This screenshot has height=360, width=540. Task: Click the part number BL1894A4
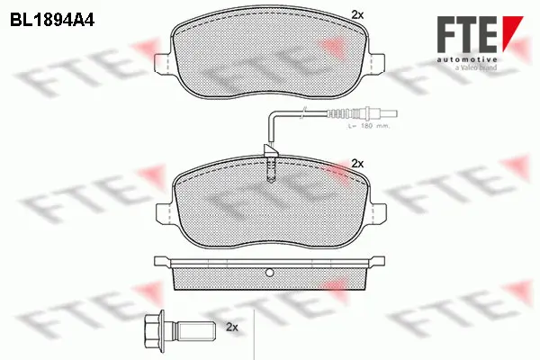tap(54, 17)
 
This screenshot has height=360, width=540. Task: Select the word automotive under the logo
tap(467, 58)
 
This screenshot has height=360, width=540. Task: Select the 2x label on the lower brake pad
tap(357, 163)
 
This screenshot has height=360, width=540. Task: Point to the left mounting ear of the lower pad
tap(163, 211)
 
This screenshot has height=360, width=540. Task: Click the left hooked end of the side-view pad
tap(162, 262)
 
